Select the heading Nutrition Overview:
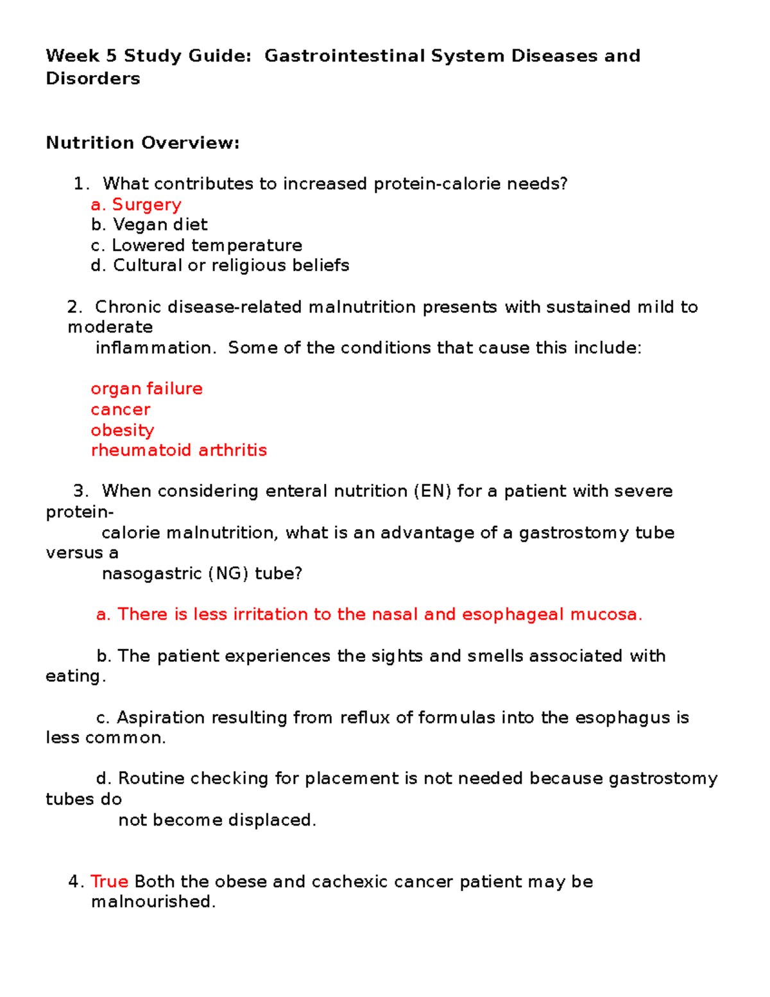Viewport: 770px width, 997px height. pyautogui.click(x=142, y=143)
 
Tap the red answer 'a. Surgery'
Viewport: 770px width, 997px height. pyautogui.click(x=136, y=205)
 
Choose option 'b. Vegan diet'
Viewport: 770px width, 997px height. pyautogui.click(x=149, y=225)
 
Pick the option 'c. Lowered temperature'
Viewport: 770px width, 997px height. pyautogui.click(x=196, y=245)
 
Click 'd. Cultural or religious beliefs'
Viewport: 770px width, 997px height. pyautogui.click(x=220, y=265)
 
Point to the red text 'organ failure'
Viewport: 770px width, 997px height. pyautogui.click(x=146, y=389)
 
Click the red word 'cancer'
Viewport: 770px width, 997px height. pyautogui.click(x=121, y=410)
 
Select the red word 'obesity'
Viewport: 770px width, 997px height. pyautogui.click(x=123, y=430)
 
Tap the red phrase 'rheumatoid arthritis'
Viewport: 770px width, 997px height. pyautogui.click(x=179, y=450)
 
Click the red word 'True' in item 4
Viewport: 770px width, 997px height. pyautogui.click(x=109, y=881)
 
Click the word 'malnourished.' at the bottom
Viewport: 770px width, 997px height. pyautogui.click(x=153, y=902)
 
